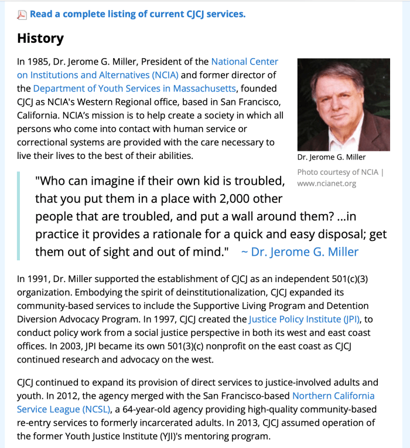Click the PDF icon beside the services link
(x=22, y=15)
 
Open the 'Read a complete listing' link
(x=138, y=14)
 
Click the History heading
(x=40, y=39)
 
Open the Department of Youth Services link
(x=134, y=89)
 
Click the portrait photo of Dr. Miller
(x=343, y=104)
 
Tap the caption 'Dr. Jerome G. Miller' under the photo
(x=332, y=157)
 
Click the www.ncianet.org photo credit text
(x=326, y=184)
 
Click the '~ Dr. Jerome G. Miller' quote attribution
(x=299, y=252)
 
